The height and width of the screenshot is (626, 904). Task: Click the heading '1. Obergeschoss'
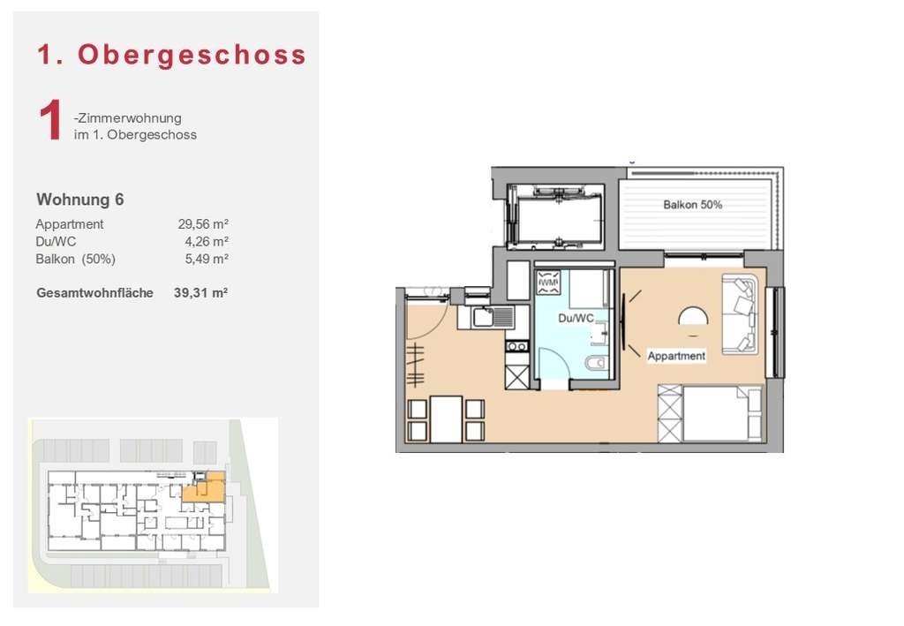(x=171, y=55)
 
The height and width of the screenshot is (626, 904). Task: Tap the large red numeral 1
(x=50, y=123)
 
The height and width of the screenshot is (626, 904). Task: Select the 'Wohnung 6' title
(x=79, y=200)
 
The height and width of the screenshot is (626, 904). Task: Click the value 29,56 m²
(x=203, y=224)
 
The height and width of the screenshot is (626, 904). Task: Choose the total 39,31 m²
(x=201, y=292)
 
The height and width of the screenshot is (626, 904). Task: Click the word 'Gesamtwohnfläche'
(x=94, y=292)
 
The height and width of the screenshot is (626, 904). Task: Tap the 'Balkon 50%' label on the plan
(x=692, y=205)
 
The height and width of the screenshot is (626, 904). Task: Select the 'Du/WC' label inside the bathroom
(x=574, y=318)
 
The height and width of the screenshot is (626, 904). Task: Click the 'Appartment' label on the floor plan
(x=676, y=356)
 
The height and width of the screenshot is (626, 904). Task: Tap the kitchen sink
(x=486, y=317)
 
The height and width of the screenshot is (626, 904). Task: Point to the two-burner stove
(x=516, y=347)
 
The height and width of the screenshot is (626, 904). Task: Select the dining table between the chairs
(x=447, y=419)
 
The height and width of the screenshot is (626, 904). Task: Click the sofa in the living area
(x=740, y=314)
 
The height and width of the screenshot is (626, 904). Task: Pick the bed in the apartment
(x=711, y=413)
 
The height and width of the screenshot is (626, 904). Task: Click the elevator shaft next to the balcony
(x=557, y=216)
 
